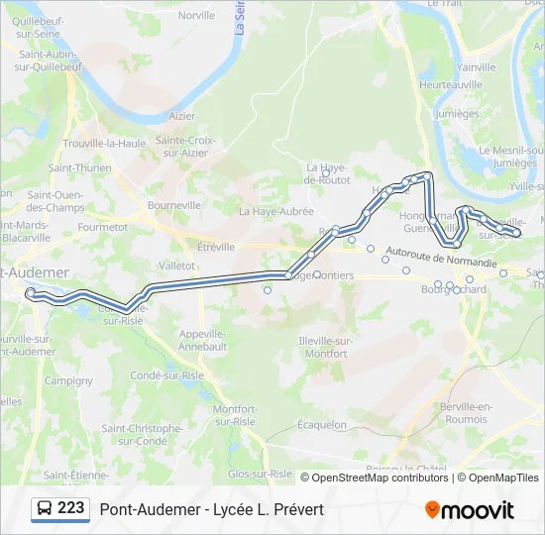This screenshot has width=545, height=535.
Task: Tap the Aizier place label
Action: [182, 116]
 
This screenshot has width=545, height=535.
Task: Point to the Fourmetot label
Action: [103, 227]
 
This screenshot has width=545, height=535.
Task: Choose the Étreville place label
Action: [216, 247]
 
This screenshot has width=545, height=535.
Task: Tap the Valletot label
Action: [177, 266]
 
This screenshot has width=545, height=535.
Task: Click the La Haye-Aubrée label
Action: [275, 211]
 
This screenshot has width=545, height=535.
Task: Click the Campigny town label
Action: [68, 380]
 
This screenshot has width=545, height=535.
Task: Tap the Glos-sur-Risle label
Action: [260, 474]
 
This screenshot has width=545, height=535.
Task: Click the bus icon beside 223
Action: [45, 509]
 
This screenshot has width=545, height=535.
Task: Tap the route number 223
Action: [70, 508]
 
